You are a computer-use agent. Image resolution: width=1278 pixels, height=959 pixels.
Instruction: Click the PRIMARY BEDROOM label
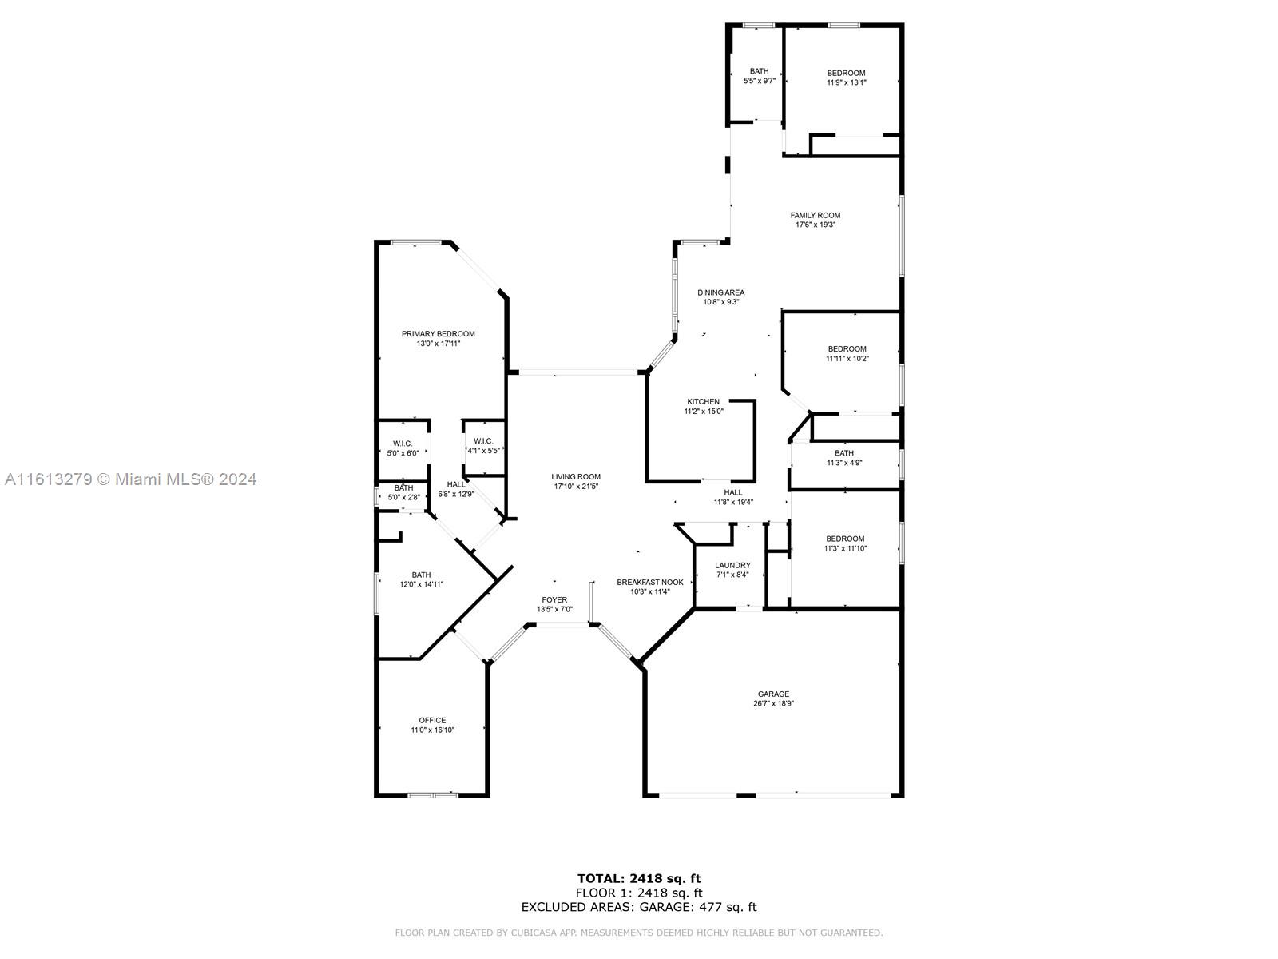pos(438,333)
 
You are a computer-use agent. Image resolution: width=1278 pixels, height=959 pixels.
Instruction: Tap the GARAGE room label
pos(773,694)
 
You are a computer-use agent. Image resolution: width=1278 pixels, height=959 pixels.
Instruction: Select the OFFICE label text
pos(432,720)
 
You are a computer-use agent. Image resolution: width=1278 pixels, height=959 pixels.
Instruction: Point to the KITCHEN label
pos(704,402)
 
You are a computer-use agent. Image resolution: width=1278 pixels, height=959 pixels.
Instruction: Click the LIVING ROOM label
pos(576,477)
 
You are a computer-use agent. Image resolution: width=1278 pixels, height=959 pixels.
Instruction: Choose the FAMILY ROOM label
pos(816,216)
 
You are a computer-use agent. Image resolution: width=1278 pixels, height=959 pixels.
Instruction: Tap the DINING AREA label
pos(720,292)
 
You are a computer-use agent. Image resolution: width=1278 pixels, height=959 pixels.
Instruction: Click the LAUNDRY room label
pos(732,565)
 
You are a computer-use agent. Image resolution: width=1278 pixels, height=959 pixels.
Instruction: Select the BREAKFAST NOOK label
pos(649,583)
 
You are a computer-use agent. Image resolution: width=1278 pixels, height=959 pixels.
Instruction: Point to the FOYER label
pos(554,599)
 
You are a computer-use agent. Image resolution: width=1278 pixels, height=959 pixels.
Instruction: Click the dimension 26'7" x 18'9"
pos(773,703)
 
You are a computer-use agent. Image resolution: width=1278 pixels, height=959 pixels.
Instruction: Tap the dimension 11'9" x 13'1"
pos(846,82)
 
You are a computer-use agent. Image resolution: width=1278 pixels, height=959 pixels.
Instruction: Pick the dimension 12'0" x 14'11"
pos(422,584)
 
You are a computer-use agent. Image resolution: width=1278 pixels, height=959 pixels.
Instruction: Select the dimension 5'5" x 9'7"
pos(760,81)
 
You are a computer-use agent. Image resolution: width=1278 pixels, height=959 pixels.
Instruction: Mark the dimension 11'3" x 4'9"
pos(844,463)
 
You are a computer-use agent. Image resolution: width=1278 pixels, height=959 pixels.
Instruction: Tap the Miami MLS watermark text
pos(130,479)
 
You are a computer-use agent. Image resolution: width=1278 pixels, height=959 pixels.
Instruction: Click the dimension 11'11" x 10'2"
pos(847,359)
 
